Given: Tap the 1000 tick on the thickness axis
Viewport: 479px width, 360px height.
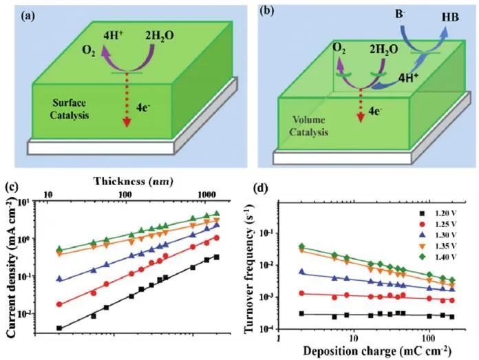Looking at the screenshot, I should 201,196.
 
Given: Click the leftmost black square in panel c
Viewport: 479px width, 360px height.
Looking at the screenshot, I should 59,328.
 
